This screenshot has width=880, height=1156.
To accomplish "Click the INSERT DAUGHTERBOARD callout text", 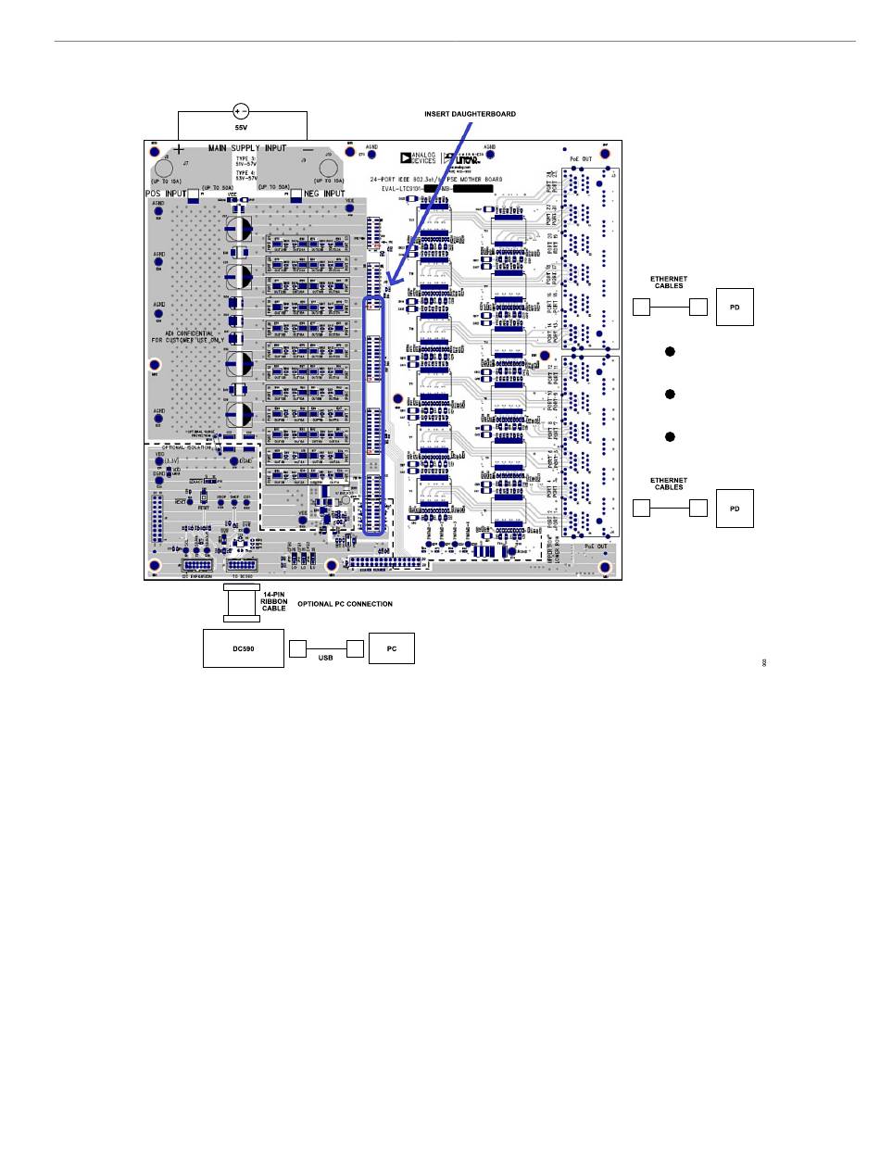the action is [x=470, y=113].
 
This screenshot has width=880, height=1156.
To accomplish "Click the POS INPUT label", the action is [x=166, y=194].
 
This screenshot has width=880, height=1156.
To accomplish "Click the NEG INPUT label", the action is [x=324, y=194].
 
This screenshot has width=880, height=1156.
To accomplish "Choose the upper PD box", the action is [x=735, y=307].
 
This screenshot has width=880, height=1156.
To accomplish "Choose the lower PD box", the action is [x=735, y=508].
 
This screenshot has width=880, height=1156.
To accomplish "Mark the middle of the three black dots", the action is [x=669, y=395].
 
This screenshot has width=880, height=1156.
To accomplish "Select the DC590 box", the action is [x=243, y=648].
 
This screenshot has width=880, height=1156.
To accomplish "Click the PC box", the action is [x=392, y=648].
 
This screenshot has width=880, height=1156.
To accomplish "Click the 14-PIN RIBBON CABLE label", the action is [x=274, y=601].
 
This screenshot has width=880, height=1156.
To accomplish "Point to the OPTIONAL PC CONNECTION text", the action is [x=345, y=604].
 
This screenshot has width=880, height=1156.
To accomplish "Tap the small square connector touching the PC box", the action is [x=357, y=648].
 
